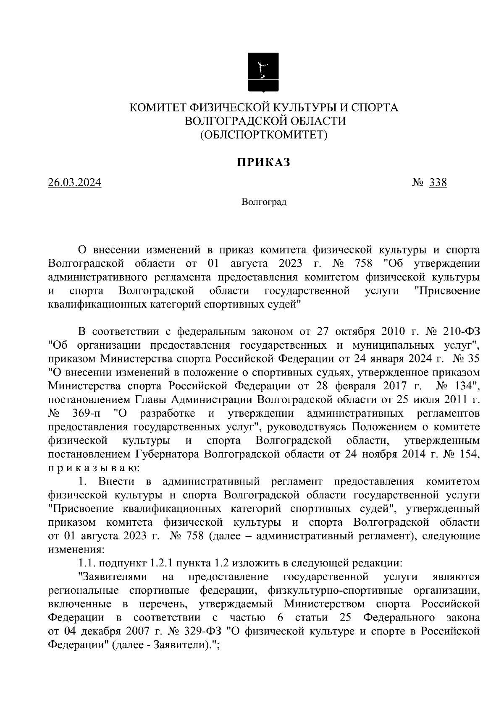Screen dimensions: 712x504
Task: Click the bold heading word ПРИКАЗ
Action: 263,162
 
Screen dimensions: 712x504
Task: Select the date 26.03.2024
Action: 74,183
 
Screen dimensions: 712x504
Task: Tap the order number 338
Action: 438,183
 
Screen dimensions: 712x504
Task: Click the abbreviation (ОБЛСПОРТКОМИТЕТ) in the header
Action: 263,135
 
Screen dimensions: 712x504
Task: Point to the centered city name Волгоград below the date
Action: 264,203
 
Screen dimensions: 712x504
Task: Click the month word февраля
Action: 357,386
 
